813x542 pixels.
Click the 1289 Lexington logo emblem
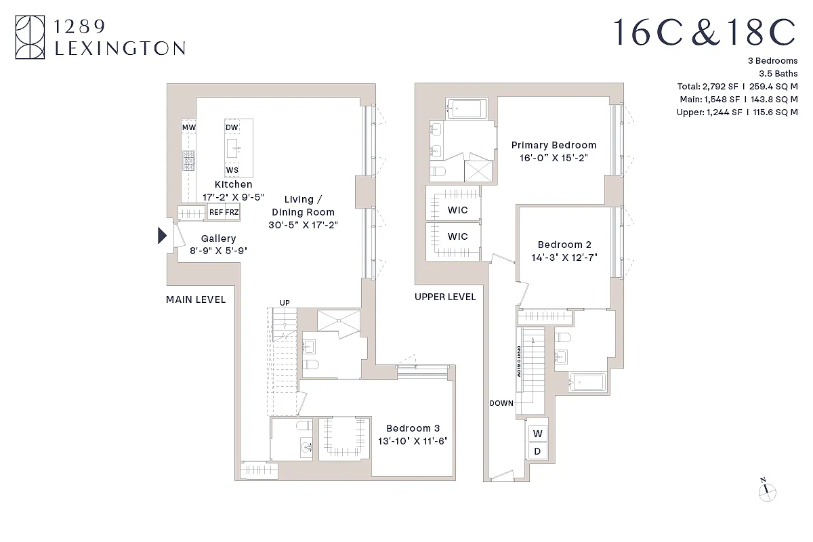[x=30, y=37]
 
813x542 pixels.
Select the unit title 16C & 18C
[x=705, y=32]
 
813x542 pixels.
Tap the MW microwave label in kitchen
[x=188, y=127]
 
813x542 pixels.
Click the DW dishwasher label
[x=232, y=127]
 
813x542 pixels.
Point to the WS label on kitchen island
[x=232, y=169]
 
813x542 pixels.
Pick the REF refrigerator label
[x=216, y=212]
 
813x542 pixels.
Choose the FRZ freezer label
[x=232, y=212]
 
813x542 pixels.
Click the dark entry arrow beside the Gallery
[x=162, y=235]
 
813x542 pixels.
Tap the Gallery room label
[x=218, y=238]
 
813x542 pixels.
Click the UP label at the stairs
[x=285, y=303]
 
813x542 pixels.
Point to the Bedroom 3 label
[x=413, y=428]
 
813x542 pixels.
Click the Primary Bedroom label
[x=554, y=145]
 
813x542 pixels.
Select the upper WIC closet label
[x=457, y=210]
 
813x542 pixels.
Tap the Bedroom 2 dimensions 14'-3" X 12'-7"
[x=564, y=257]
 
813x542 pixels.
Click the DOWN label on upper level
[x=501, y=403]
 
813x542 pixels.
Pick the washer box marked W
[x=538, y=434]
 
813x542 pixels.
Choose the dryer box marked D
[x=538, y=451]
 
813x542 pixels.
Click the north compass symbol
[x=767, y=491]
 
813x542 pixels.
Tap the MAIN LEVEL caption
[x=196, y=299]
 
